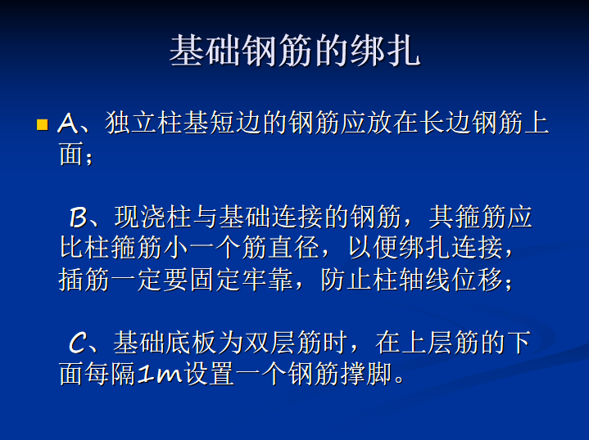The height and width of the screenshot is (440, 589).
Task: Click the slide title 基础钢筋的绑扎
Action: [294, 51]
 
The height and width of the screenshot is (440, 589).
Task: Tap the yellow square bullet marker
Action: [43, 125]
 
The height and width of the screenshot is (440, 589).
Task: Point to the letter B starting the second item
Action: [78, 218]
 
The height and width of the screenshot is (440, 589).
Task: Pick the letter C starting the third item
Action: [78, 343]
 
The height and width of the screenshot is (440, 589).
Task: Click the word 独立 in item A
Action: [132, 124]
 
